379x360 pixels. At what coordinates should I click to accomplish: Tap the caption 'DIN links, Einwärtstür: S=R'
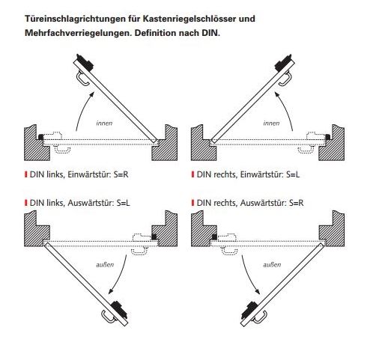[x=79, y=174]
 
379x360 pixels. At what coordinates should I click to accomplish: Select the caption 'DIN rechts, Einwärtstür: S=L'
[x=248, y=174]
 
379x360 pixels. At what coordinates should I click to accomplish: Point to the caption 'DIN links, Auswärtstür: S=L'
[x=80, y=203]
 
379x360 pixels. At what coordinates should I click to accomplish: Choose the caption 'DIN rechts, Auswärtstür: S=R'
[x=250, y=203]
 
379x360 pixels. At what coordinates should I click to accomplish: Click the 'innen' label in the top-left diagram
[x=104, y=123]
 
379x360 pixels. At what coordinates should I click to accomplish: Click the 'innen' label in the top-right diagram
[x=271, y=123]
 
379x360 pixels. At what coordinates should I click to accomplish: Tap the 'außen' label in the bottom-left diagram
[x=105, y=264]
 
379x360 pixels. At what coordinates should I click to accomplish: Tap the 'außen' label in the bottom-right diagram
[x=272, y=264]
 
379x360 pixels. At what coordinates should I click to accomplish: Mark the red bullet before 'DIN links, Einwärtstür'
[x=26, y=174]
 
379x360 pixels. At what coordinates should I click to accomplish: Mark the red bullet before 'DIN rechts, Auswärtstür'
[x=192, y=203]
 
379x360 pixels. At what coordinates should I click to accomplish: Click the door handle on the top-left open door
[x=82, y=79]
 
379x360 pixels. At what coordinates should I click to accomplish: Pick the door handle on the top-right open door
[x=285, y=79]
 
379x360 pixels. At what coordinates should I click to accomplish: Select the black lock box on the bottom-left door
[x=119, y=310]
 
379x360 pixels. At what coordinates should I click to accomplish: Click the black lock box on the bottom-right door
[x=249, y=310]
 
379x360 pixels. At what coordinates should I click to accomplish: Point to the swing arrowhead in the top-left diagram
[x=92, y=95]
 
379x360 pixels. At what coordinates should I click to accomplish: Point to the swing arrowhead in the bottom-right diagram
[x=257, y=291]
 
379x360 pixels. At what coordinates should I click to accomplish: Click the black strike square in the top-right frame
[x=328, y=137]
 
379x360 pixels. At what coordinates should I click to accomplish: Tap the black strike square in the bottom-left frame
[x=154, y=237]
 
